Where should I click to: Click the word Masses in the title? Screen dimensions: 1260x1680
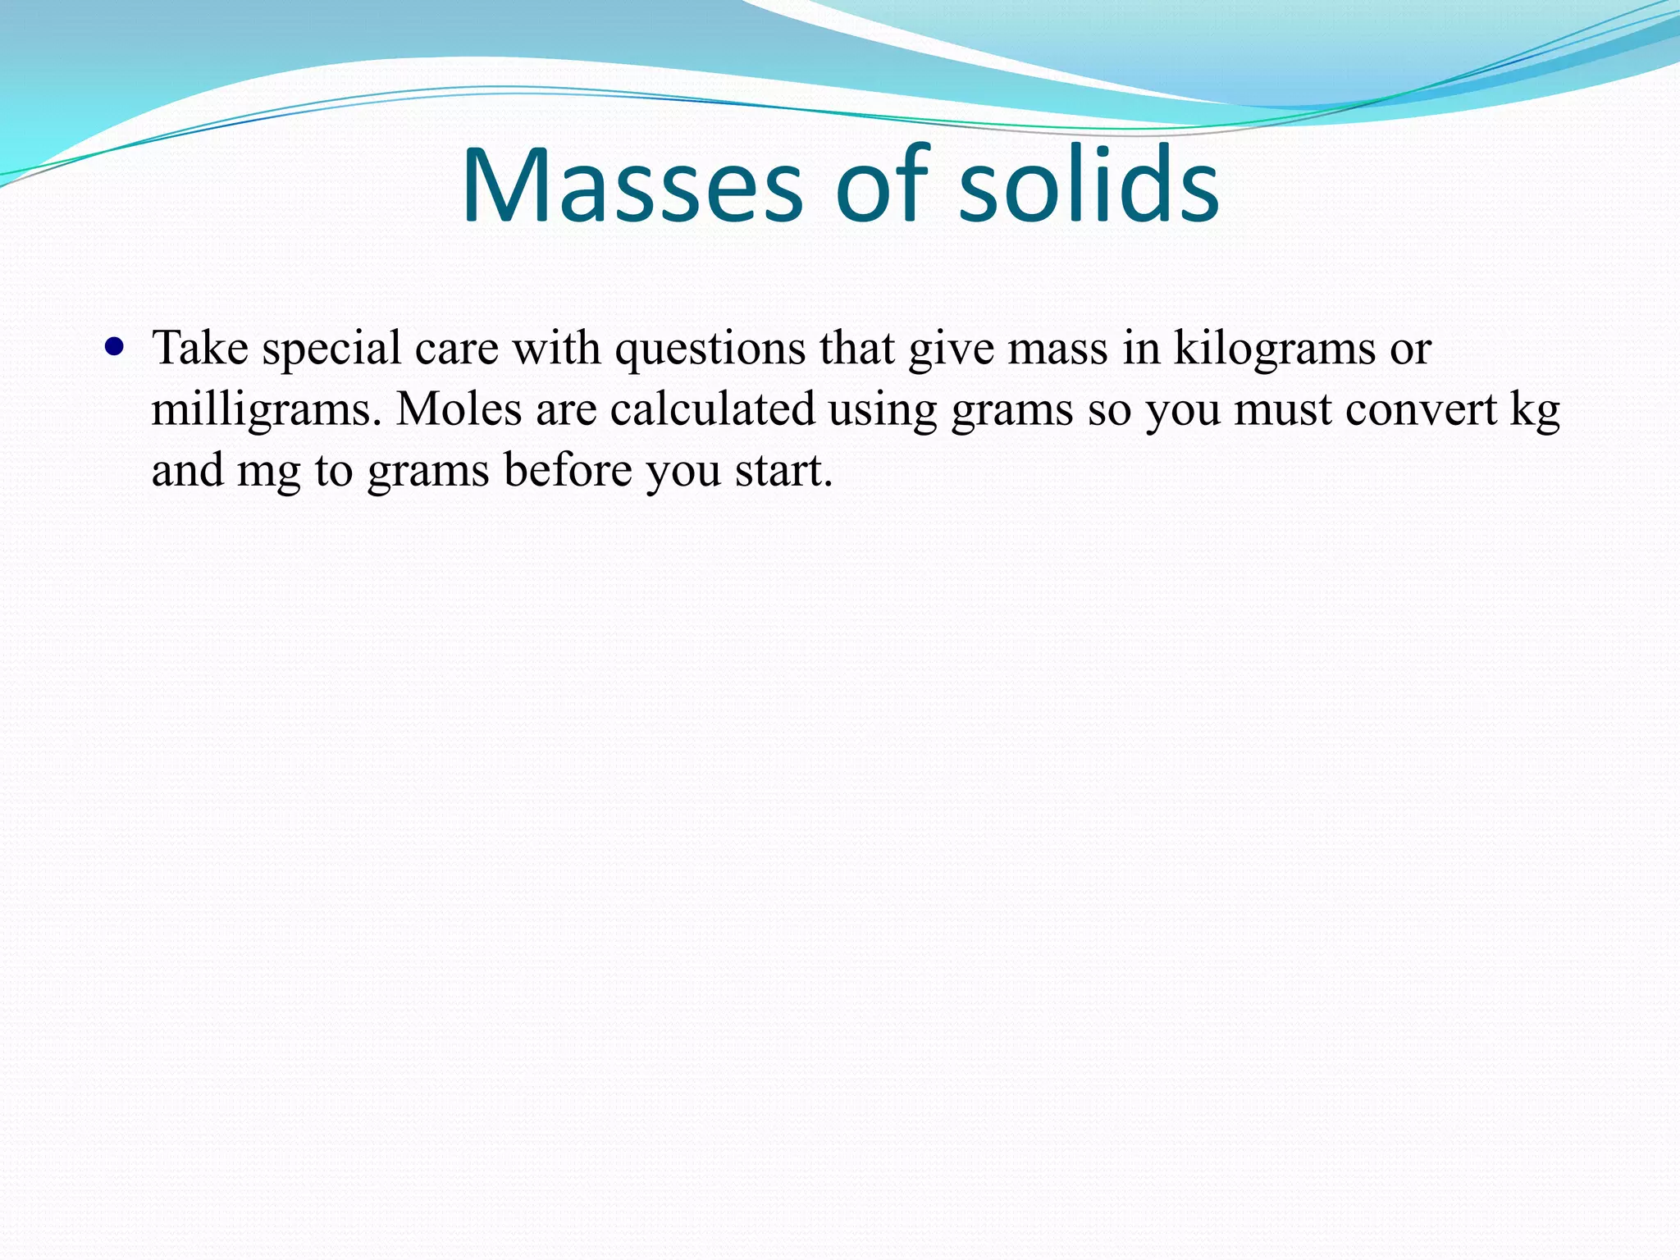pos(632,186)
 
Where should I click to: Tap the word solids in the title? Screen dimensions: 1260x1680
pos(1089,186)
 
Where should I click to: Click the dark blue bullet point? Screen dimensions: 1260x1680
pos(115,346)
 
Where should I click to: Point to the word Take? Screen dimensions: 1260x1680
pos(200,348)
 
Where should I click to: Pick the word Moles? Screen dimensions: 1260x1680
pos(459,409)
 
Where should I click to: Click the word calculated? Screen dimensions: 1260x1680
pos(712,409)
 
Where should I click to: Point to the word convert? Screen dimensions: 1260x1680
pos(1421,409)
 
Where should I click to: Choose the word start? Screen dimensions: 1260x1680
pos(783,471)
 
